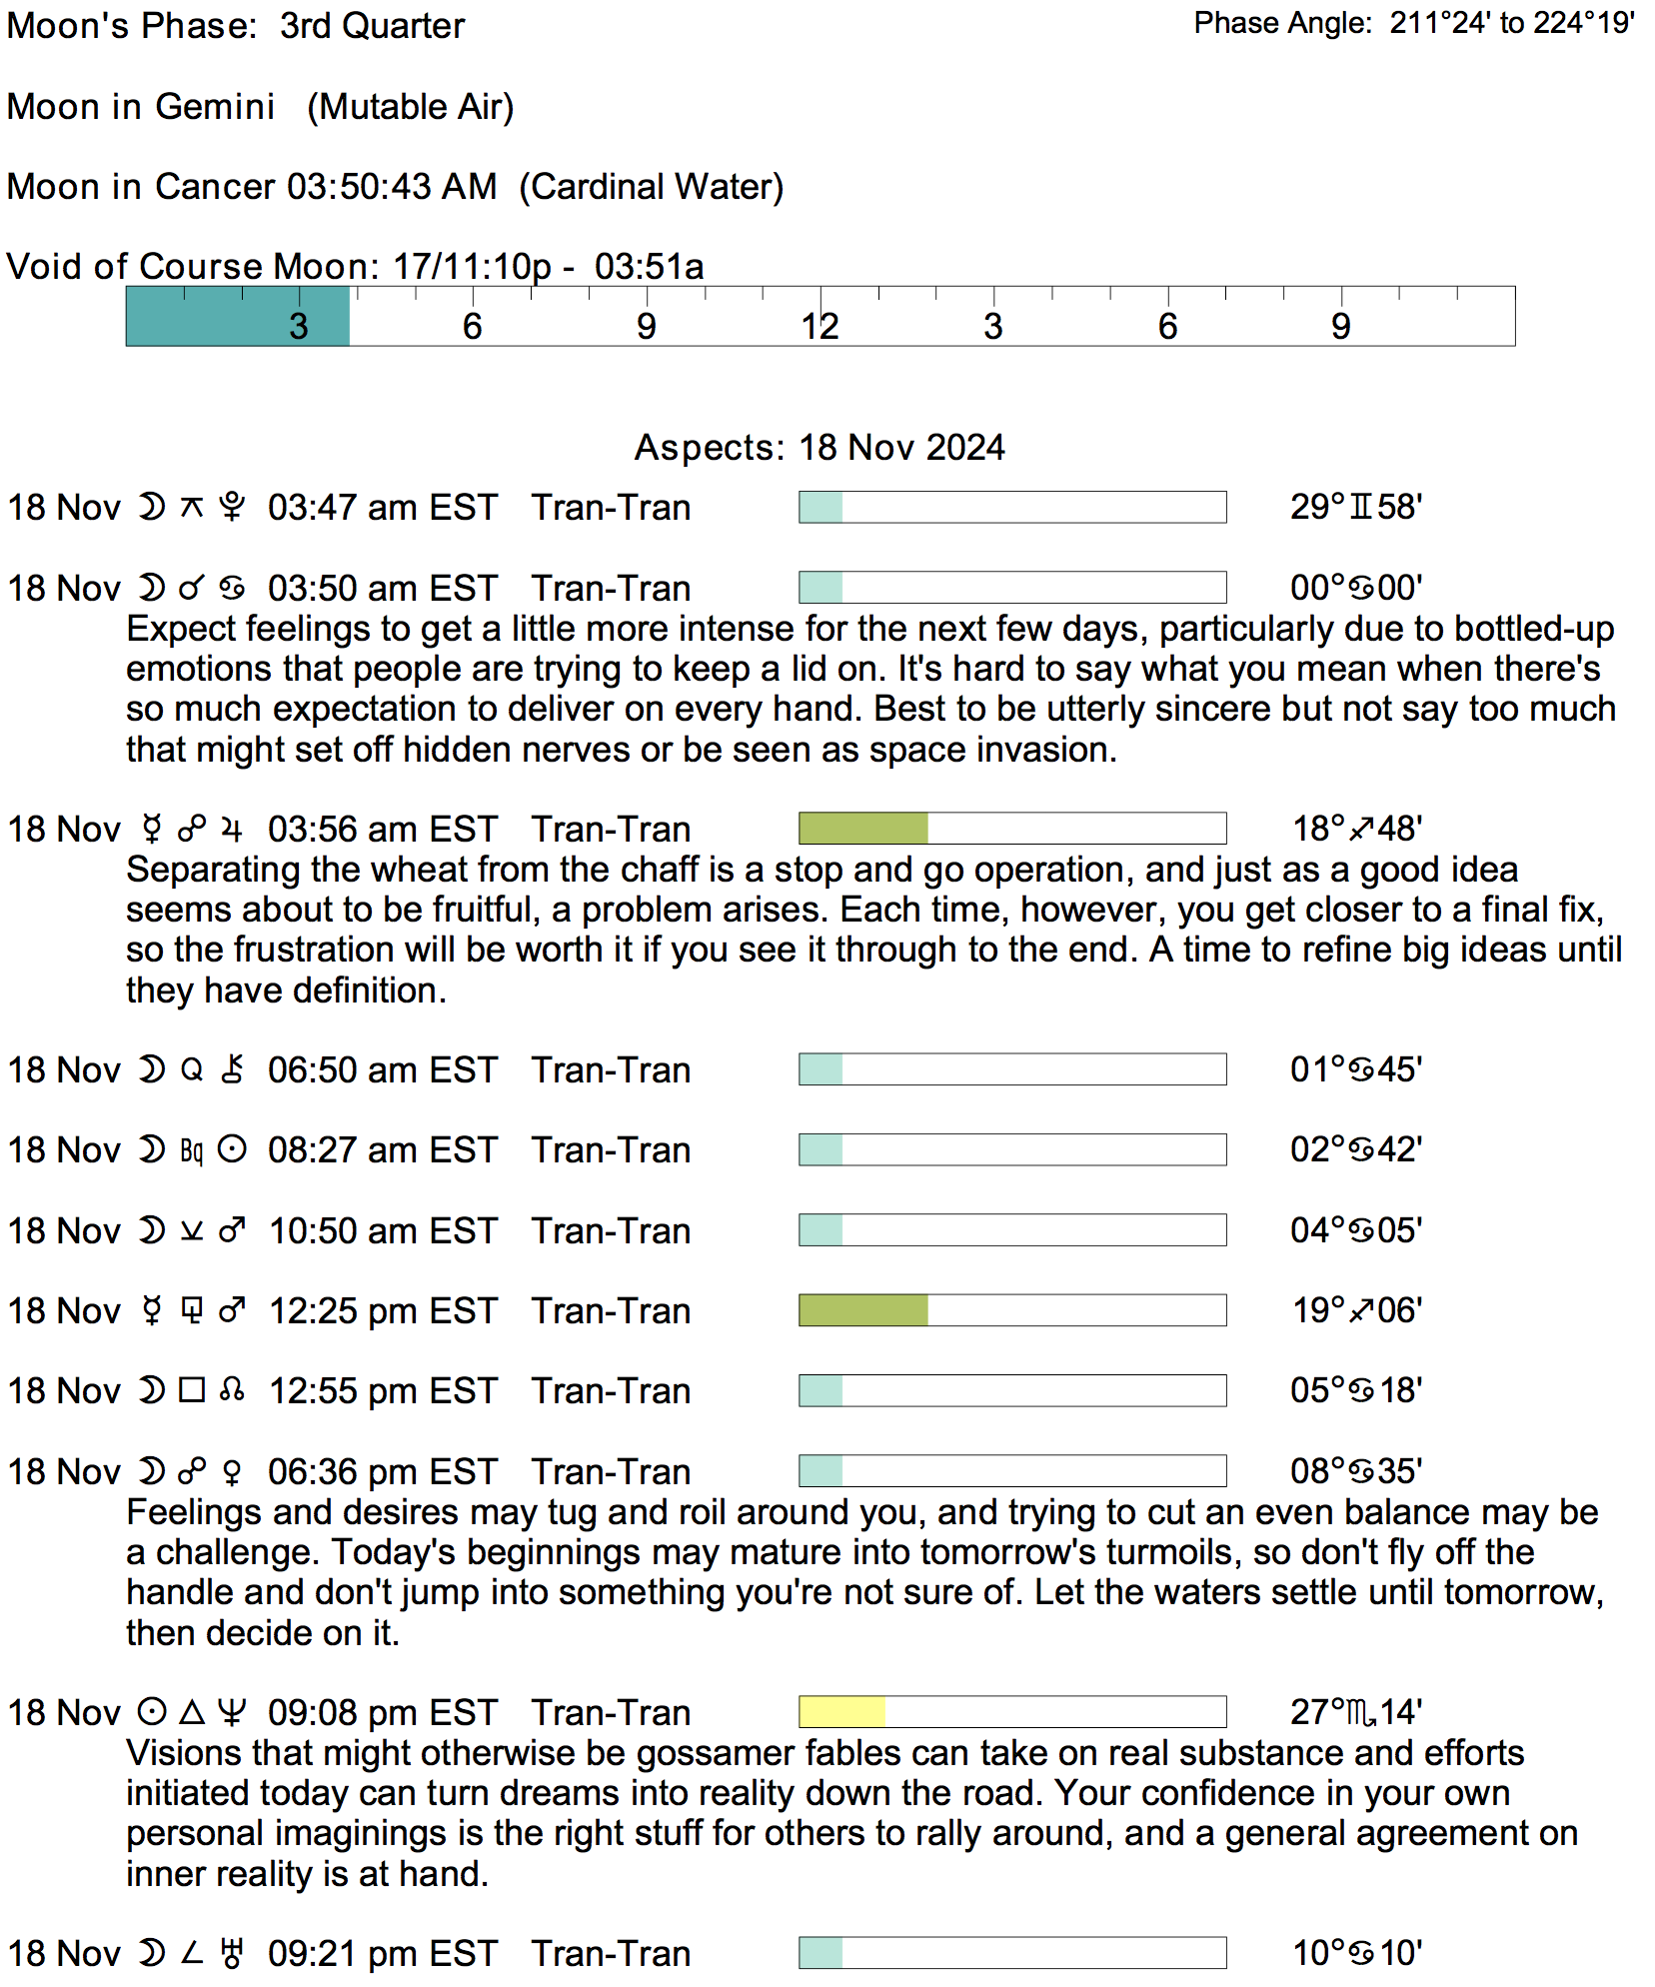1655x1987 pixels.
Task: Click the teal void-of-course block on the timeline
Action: point(237,317)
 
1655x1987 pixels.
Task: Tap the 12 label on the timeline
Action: point(820,327)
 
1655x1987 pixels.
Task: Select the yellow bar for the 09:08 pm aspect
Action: point(841,1712)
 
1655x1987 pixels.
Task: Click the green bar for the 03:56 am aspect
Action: point(863,829)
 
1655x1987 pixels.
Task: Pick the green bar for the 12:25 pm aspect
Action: point(863,1310)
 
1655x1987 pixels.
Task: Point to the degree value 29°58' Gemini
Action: point(1356,507)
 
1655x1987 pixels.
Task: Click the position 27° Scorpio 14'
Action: point(1356,1712)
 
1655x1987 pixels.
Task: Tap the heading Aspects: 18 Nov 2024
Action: point(820,447)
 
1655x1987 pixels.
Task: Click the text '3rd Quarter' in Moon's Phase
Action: point(372,26)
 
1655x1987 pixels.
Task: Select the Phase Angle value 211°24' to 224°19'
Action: point(1512,23)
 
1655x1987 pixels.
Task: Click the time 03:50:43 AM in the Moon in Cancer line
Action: point(392,187)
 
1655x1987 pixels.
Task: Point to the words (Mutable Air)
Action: point(410,107)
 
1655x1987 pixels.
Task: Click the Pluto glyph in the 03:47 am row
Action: point(232,508)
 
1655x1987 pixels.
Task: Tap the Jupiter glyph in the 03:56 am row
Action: point(232,830)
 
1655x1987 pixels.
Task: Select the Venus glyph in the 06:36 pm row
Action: point(232,1472)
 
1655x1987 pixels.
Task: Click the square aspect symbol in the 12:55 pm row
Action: point(192,1390)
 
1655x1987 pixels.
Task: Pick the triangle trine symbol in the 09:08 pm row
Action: point(192,1712)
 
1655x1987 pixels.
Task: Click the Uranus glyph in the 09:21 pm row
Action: point(232,1953)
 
